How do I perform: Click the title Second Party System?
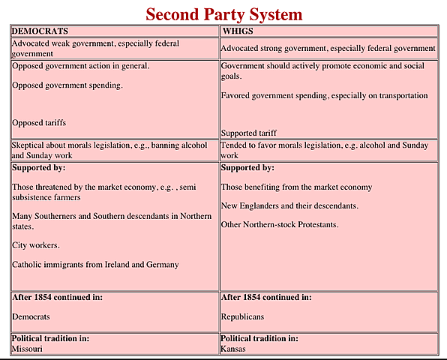[x=223, y=13]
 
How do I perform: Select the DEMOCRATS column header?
[x=40, y=31]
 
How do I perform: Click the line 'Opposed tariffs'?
[x=44, y=122]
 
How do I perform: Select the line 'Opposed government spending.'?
[x=67, y=85]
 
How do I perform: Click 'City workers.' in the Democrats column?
[x=36, y=245]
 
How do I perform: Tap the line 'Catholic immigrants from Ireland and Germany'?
[x=96, y=264]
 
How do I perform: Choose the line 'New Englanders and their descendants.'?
[x=289, y=205]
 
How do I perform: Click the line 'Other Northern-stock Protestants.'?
[x=280, y=224]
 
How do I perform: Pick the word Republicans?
[x=242, y=316]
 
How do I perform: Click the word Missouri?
[x=28, y=349]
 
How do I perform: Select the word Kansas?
[x=233, y=349]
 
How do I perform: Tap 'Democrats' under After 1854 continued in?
[x=31, y=316]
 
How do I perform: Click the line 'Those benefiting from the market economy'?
[x=296, y=187]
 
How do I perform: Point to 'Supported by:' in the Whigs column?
[x=247, y=168]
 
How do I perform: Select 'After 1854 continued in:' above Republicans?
[x=266, y=298]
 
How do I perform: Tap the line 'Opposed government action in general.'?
[x=81, y=66]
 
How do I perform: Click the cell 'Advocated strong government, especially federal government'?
[x=328, y=48]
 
